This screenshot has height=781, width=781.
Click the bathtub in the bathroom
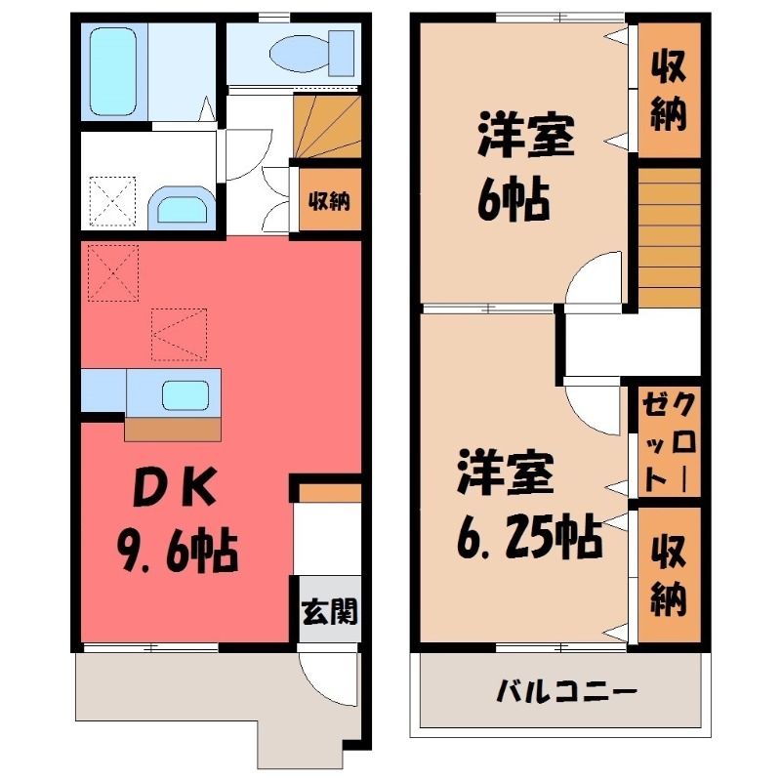pyautogui.click(x=113, y=71)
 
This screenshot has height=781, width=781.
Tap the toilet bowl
pyautogui.click(x=301, y=54)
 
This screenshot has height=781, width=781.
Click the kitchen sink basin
pyautogui.click(x=185, y=395)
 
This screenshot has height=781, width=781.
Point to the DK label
pyautogui.click(x=175, y=486)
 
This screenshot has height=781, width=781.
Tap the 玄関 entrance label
pyautogui.click(x=329, y=611)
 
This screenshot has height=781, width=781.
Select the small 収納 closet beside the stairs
pyautogui.click(x=329, y=201)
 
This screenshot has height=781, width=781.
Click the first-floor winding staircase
pyautogui.click(x=327, y=127)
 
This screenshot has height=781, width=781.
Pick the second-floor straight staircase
pyautogui.click(x=670, y=237)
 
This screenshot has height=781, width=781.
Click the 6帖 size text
pyautogui.click(x=514, y=200)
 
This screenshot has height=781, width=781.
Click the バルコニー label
pyautogui.click(x=566, y=692)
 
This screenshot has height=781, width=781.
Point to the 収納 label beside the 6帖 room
pyautogui.click(x=669, y=91)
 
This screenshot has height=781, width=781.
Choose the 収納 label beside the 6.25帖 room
pyautogui.click(x=669, y=575)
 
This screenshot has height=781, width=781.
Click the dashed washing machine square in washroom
pyautogui.click(x=112, y=201)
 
